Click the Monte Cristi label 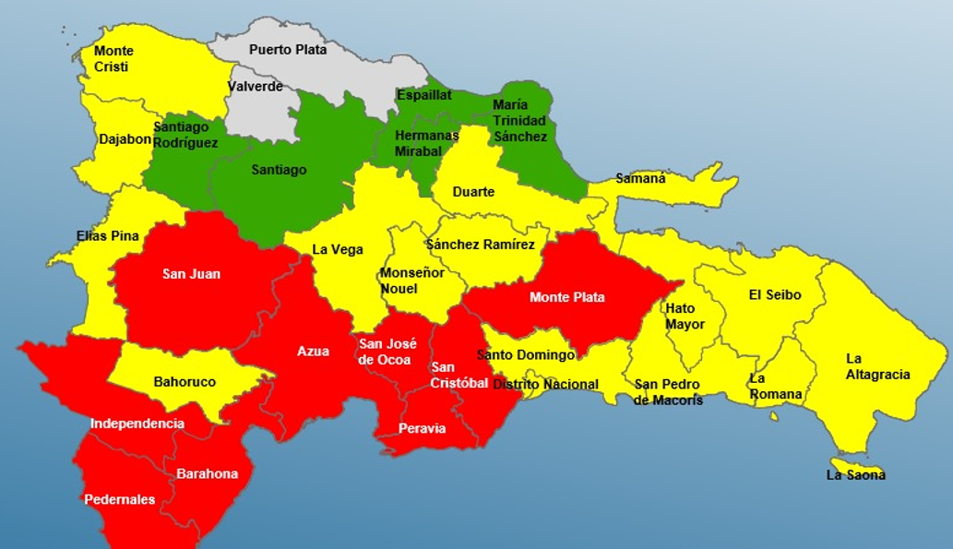113,59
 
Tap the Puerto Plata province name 287,50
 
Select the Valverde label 255,88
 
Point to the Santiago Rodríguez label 185,135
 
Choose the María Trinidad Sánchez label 519,121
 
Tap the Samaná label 640,178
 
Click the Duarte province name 473,192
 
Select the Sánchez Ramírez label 480,245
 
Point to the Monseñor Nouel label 411,280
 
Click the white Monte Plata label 566,297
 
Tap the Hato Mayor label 685,316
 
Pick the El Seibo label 774,295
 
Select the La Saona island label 855,475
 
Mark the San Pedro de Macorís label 668,392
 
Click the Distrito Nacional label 545,385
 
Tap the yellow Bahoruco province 185,381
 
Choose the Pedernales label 120,499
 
